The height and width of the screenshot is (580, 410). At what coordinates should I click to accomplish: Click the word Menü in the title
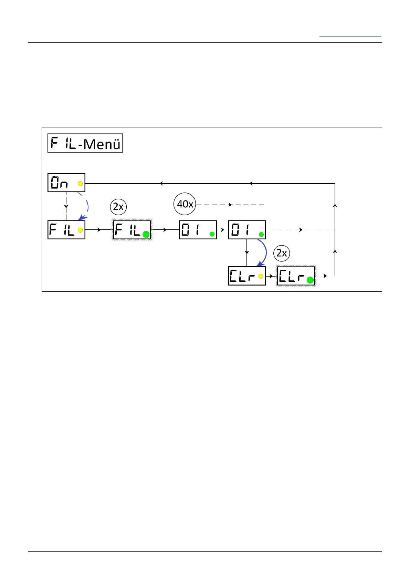point(102,144)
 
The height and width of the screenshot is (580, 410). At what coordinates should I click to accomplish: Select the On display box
point(66,183)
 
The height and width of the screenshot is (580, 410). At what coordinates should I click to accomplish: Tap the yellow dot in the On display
point(80,184)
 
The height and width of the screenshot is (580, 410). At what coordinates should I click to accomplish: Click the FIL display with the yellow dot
point(66,230)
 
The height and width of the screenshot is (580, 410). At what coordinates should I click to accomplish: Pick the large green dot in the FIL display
point(146,235)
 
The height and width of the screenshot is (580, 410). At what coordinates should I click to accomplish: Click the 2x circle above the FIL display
point(118,207)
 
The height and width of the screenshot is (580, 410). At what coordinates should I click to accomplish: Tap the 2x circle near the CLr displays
point(282,253)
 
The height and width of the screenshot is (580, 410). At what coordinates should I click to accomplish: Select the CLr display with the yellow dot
point(247,276)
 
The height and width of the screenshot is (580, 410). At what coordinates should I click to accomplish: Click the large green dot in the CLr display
point(310,280)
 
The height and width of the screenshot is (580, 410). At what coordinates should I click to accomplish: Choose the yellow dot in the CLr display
point(261,276)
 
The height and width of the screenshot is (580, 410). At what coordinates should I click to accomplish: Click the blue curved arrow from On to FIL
point(86,207)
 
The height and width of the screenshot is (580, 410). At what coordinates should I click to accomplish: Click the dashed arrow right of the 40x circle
point(230,205)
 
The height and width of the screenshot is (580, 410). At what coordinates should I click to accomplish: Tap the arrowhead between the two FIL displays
point(99,230)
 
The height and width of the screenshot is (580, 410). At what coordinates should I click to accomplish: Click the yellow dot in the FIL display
point(80,230)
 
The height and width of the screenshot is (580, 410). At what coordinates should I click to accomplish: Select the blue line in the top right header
point(350,36)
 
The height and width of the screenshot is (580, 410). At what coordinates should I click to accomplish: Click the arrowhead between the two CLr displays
point(271,276)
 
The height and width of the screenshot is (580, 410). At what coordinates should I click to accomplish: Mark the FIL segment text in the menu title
point(63,143)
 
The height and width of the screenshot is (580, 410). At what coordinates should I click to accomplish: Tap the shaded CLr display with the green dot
point(296,276)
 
